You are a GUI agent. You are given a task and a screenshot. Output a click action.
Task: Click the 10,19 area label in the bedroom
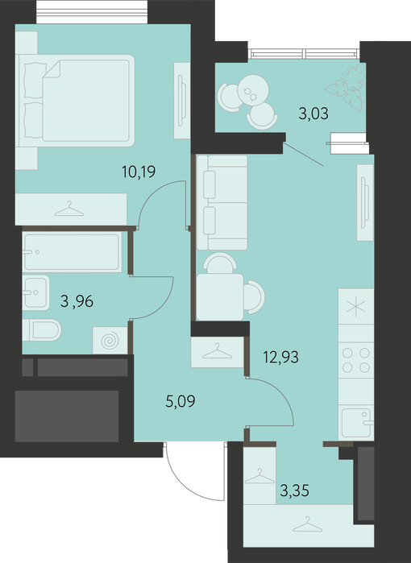(139, 172)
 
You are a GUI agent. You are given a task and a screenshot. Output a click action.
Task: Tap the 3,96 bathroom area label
(77, 301)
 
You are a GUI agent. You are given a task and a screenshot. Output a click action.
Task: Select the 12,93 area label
(281, 358)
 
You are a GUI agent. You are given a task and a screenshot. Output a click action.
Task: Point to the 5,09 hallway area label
(181, 401)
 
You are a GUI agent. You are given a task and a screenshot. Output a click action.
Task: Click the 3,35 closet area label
(295, 491)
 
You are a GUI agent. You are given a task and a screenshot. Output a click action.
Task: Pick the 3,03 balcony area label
(313, 114)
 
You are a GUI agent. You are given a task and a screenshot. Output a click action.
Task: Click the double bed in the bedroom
(77, 101)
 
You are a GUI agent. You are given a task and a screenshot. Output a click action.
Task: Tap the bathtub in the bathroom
(73, 251)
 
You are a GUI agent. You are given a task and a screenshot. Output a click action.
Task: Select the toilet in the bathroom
(42, 329)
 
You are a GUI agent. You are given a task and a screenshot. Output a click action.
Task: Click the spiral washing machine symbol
(110, 341)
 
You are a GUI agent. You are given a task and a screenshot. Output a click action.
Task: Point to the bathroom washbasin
(35, 292)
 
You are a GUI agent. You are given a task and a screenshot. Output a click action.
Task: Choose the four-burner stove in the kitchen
(355, 360)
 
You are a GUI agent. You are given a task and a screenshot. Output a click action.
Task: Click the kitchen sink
(356, 423)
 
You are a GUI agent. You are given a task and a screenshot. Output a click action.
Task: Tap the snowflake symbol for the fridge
(356, 307)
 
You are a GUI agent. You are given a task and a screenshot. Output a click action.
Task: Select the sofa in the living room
(222, 202)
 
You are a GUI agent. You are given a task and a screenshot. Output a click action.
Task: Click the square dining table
(220, 297)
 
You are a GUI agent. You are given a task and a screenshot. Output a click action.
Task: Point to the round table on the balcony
(253, 90)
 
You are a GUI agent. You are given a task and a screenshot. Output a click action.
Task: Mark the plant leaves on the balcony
(346, 87)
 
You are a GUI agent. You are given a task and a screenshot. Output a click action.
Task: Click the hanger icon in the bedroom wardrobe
(69, 209)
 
